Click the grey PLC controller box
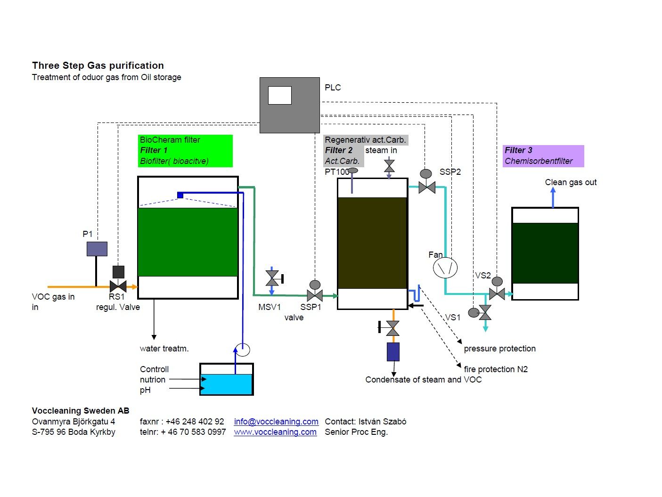(289, 105)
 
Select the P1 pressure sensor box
(97, 249)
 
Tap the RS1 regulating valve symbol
(118, 286)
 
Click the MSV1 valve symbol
(272, 278)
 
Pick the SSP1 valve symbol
(315, 295)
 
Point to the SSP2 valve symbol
(426, 187)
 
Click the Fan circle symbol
(445, 268)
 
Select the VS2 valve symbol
(497, 293)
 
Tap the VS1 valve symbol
(485, 312)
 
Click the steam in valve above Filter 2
(389, 166)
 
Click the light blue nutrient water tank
(227, 384)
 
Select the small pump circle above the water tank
(243, 350)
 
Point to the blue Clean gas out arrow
(553, 197)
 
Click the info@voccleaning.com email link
(276, 422)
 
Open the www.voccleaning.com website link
(275, 432)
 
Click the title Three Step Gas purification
(98, 65)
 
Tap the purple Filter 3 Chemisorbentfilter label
(543, 156)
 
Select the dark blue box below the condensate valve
(393, 351)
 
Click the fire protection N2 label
(496, 369)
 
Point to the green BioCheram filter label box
(186, 151)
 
